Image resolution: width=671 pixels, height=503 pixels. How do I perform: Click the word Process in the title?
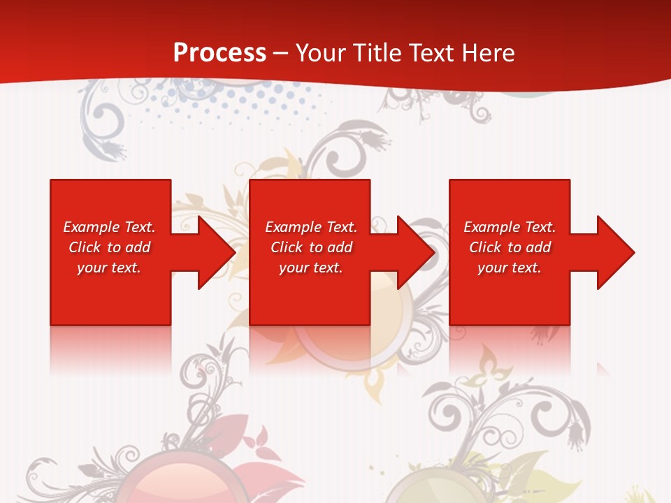click(219, 53)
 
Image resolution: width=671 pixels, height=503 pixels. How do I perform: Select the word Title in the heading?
click(378, 53)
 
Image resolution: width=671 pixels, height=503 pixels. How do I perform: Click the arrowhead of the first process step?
click(213, 252)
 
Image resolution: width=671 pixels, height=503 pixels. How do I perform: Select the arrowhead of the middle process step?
click(413, 252)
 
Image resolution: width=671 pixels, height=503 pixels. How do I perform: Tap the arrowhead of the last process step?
click(612, 252)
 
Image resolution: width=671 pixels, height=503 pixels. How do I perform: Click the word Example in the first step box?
click(92, 227)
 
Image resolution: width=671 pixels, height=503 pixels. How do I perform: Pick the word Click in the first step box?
click(85, 247)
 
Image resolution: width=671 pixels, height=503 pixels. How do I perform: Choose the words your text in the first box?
click(109, 268)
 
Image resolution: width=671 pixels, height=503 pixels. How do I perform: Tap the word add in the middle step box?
click(340, 247)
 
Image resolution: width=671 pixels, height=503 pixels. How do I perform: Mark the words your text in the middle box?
click(311, 268)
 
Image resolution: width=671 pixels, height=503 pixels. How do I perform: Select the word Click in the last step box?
click(485, 247)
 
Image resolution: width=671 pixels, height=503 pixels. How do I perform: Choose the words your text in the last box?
click(510, 268)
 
